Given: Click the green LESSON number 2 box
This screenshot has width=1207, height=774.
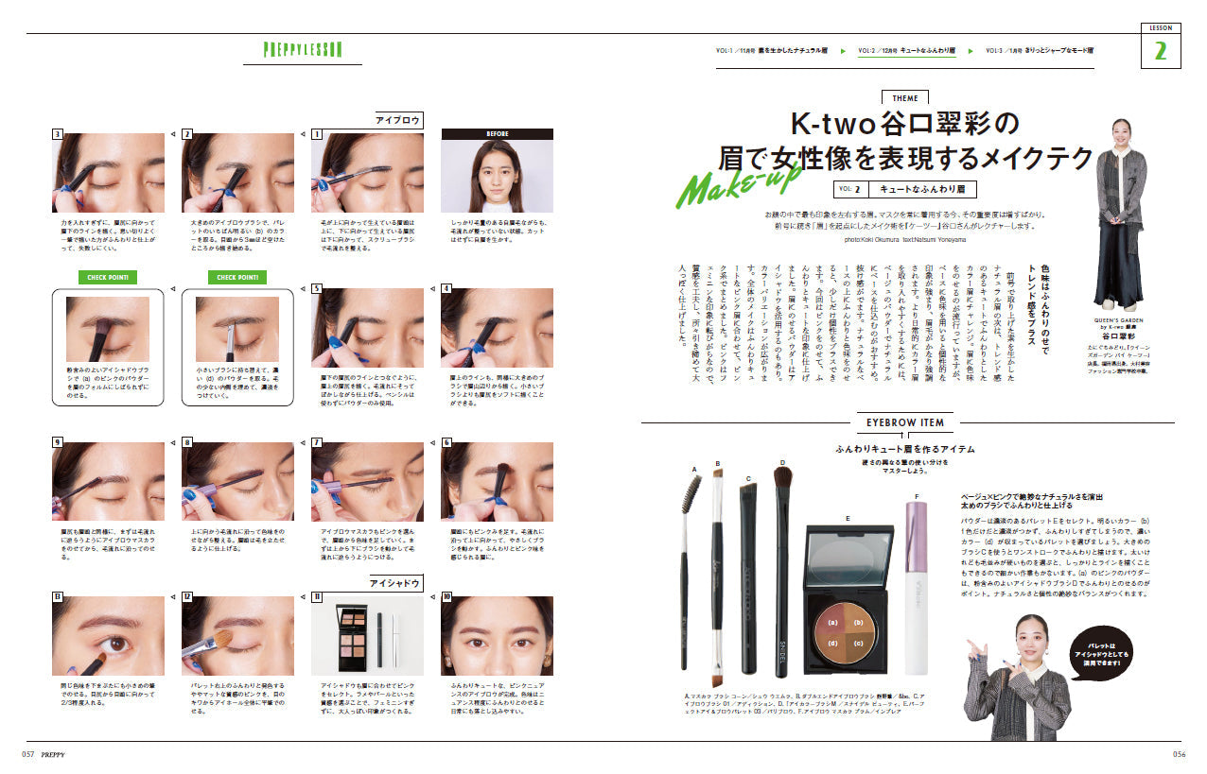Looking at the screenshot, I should pos(1160,51).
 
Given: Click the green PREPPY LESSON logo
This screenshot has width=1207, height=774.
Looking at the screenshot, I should pos(303,50).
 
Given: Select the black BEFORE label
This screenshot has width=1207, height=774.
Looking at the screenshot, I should pos(497,134).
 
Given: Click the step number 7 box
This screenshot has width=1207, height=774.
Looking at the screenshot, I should pos(317,442).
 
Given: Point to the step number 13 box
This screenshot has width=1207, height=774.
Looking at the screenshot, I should pos(58,596).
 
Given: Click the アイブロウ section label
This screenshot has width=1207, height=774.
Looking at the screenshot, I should pos(398,120).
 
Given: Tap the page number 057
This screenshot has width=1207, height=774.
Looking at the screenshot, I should pos(29,754).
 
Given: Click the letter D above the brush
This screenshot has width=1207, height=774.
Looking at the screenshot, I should pos(782,463).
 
